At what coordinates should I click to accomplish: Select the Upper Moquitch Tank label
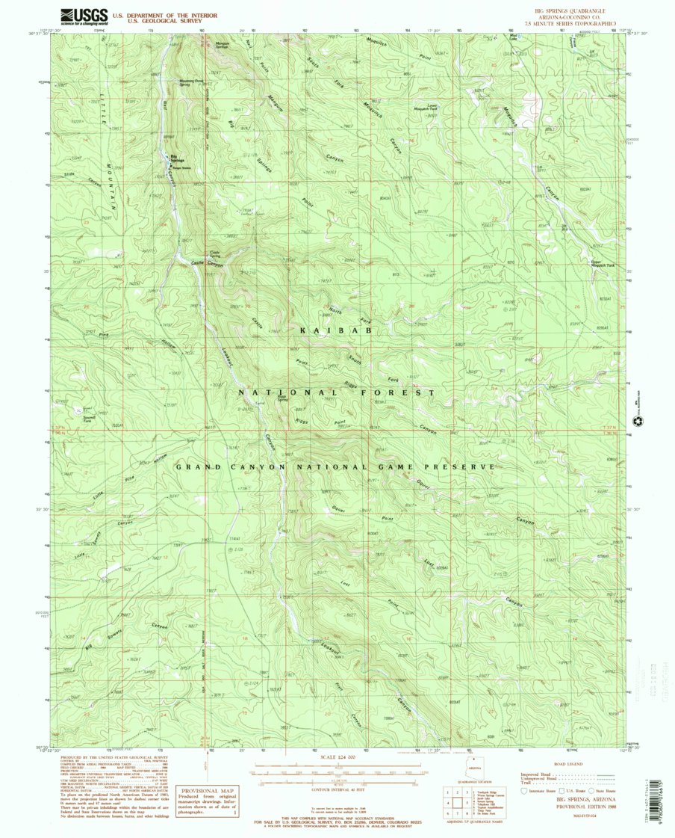pos(603,263)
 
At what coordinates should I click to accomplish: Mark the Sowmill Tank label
pos(89,419)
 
